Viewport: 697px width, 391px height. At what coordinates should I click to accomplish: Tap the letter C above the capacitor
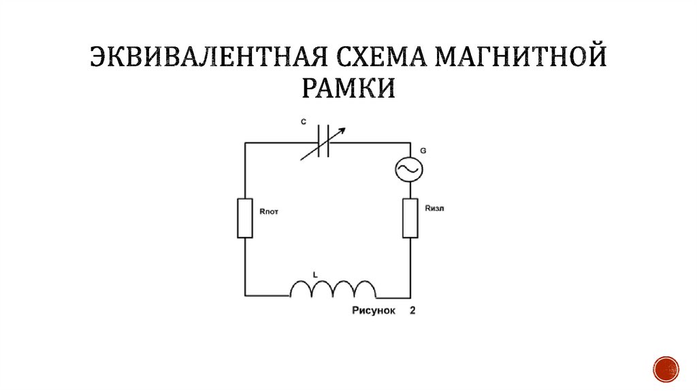point(303,122)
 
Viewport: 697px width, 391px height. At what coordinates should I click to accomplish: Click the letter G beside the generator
point(423,148)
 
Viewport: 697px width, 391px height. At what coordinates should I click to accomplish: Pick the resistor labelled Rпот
point(245,218)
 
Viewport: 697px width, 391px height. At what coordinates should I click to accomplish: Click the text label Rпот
point(270,212)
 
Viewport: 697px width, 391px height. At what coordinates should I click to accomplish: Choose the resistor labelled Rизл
point(410,218)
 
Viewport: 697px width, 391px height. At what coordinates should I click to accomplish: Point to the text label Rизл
point(434,208)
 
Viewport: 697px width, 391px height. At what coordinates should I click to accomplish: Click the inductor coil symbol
point(333,290)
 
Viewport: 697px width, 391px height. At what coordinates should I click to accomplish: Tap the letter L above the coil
point(314,274)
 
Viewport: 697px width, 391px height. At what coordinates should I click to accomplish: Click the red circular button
point(666,369)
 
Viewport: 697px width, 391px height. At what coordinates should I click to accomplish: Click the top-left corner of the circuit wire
point(245,143)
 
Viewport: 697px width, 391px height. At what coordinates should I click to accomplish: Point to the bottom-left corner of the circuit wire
point(245,296)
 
